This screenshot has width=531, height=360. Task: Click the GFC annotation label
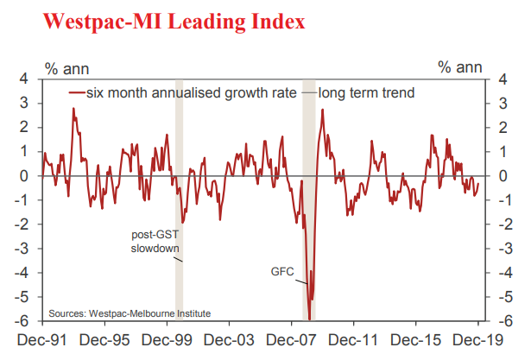click(x=284, y=272)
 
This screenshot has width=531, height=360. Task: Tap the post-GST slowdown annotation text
click(x=155, y=241)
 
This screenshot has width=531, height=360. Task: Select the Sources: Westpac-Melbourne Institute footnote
click(x=130, y=313)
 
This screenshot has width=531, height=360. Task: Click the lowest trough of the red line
click(x=309, y=319)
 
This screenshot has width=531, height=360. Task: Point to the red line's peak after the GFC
click(x=322, y=110)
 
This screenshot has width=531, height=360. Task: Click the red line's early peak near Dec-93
click(x=73, y=109)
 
